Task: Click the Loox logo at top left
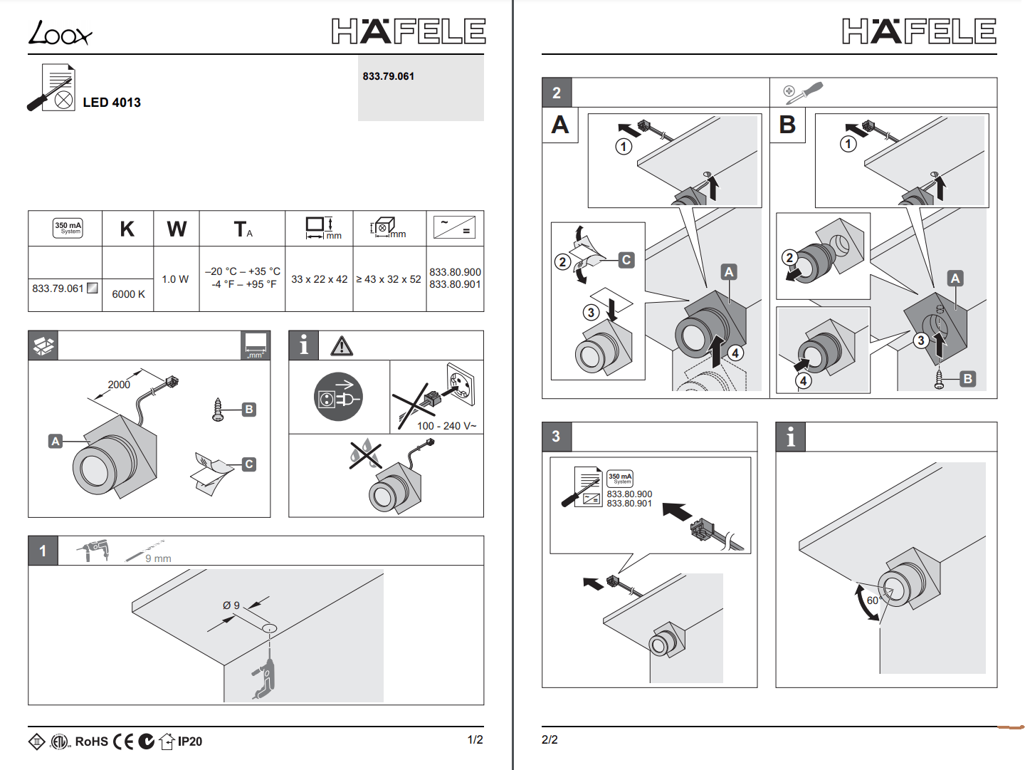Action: point(60,33)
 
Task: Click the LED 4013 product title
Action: point(112,103)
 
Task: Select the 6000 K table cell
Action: point(128,294)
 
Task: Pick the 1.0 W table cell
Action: point(175,279)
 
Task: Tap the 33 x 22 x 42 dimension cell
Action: point(319,279)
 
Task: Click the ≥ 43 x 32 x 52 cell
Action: point(389,279)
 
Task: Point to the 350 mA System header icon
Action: point(68,228)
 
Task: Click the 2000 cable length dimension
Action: point(119,385)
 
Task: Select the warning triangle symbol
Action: point(342,346)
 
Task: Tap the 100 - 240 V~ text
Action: point(446,426)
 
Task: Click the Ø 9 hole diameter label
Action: point(231,605)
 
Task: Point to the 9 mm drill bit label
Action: point(158,558)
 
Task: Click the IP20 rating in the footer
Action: point(190,742)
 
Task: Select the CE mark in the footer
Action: point(124,742)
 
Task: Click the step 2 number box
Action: point(557,93)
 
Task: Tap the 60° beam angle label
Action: point(873,600)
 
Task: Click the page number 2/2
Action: point(550,740)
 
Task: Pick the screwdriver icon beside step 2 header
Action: point(804,93)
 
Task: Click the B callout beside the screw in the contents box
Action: point(248,410)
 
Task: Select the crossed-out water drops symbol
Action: point(364,454)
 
